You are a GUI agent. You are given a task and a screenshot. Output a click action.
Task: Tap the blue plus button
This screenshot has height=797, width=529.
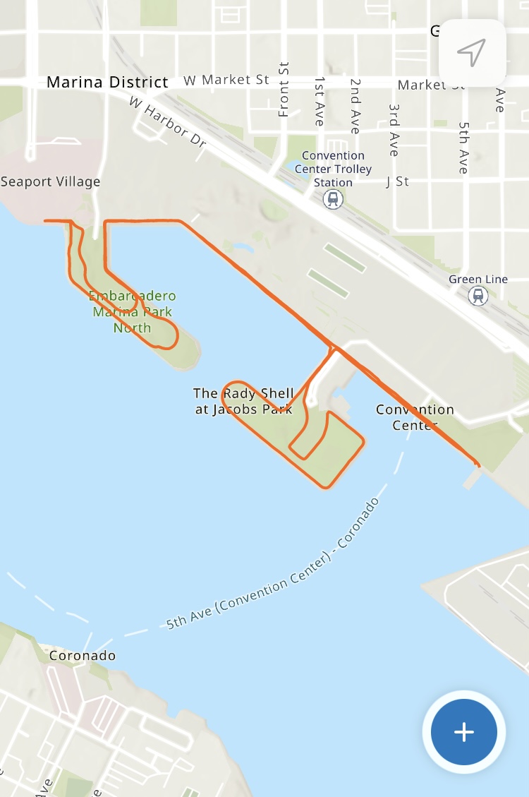pyautogui.click(x=463, y=732)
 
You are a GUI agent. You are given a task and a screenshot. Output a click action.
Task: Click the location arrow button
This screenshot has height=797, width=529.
pyautogui.click(x=472, y=52)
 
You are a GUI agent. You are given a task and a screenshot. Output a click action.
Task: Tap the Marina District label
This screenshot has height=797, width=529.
pyautogui.click(x=107, y=83)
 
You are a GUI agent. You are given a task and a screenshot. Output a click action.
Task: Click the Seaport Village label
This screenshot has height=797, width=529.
pyautogui.click(x=51, y=181)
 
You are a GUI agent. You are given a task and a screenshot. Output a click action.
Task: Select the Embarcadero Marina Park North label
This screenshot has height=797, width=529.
pyautogui.click(x=133, y=311)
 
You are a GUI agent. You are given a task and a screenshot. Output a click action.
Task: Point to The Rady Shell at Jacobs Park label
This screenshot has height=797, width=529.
pyautogui.click(x=243, y=401)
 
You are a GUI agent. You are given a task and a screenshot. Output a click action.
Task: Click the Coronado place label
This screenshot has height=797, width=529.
pyautogui.click(x=83, y=656)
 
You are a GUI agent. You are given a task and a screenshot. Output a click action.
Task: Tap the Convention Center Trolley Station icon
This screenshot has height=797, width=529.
pyautogui.click(x=333, y=200)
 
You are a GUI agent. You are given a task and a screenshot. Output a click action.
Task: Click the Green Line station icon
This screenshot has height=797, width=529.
pyautogui.click(x=478, y=296)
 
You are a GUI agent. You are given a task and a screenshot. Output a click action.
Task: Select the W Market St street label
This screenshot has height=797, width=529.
pyautogui.click(x=226, y=80)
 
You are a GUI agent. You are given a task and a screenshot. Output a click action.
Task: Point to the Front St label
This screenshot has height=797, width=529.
pyautogui.click(x=284, y=89)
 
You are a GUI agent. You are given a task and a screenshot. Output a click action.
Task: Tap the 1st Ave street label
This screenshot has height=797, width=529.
pyautogui.click(x=320, y=102)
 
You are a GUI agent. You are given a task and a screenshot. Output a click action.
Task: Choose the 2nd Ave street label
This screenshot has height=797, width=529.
pyautogui.click(x=355, y=106)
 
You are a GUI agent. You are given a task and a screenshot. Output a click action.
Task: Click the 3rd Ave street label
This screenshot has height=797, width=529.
pyautogui.click(x=394, y=130)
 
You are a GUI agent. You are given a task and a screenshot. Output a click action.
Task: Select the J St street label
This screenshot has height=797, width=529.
pyautogui.click(x=398, y=181)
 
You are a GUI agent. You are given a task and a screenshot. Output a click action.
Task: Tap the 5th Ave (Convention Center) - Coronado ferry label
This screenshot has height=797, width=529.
pyautogui.click(x=273, y=565)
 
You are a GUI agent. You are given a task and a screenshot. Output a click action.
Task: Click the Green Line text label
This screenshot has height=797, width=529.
pyautogui.click(x=478, y=280)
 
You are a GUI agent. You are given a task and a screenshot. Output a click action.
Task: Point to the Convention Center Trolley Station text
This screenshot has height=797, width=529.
pyautogui.click(x=333, y=169)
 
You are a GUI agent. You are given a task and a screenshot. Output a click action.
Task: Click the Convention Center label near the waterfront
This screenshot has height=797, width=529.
pyautogui.click(x=415, y=417)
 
